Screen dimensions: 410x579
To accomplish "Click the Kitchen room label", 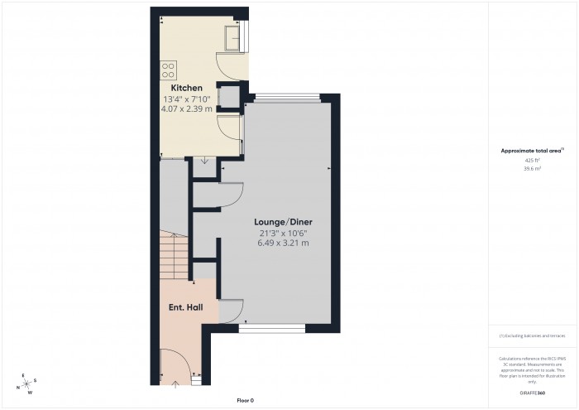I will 187,88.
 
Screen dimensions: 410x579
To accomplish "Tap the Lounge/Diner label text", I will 283,223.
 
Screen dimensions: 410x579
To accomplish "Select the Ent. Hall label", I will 186,307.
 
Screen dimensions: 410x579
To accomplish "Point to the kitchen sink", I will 234,36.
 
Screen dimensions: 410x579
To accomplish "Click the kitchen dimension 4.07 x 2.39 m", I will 187,109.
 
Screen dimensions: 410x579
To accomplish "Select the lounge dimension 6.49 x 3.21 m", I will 283,244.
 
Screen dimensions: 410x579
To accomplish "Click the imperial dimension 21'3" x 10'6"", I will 283,234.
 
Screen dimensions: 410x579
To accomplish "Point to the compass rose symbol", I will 27,383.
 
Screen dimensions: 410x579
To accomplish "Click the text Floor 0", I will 244,400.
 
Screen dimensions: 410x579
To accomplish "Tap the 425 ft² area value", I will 532,159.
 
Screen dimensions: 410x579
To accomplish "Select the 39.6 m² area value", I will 532,168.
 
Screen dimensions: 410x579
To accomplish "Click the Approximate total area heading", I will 531,150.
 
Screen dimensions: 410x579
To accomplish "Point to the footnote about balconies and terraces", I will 532,335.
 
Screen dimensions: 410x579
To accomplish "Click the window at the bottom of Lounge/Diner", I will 272,330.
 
